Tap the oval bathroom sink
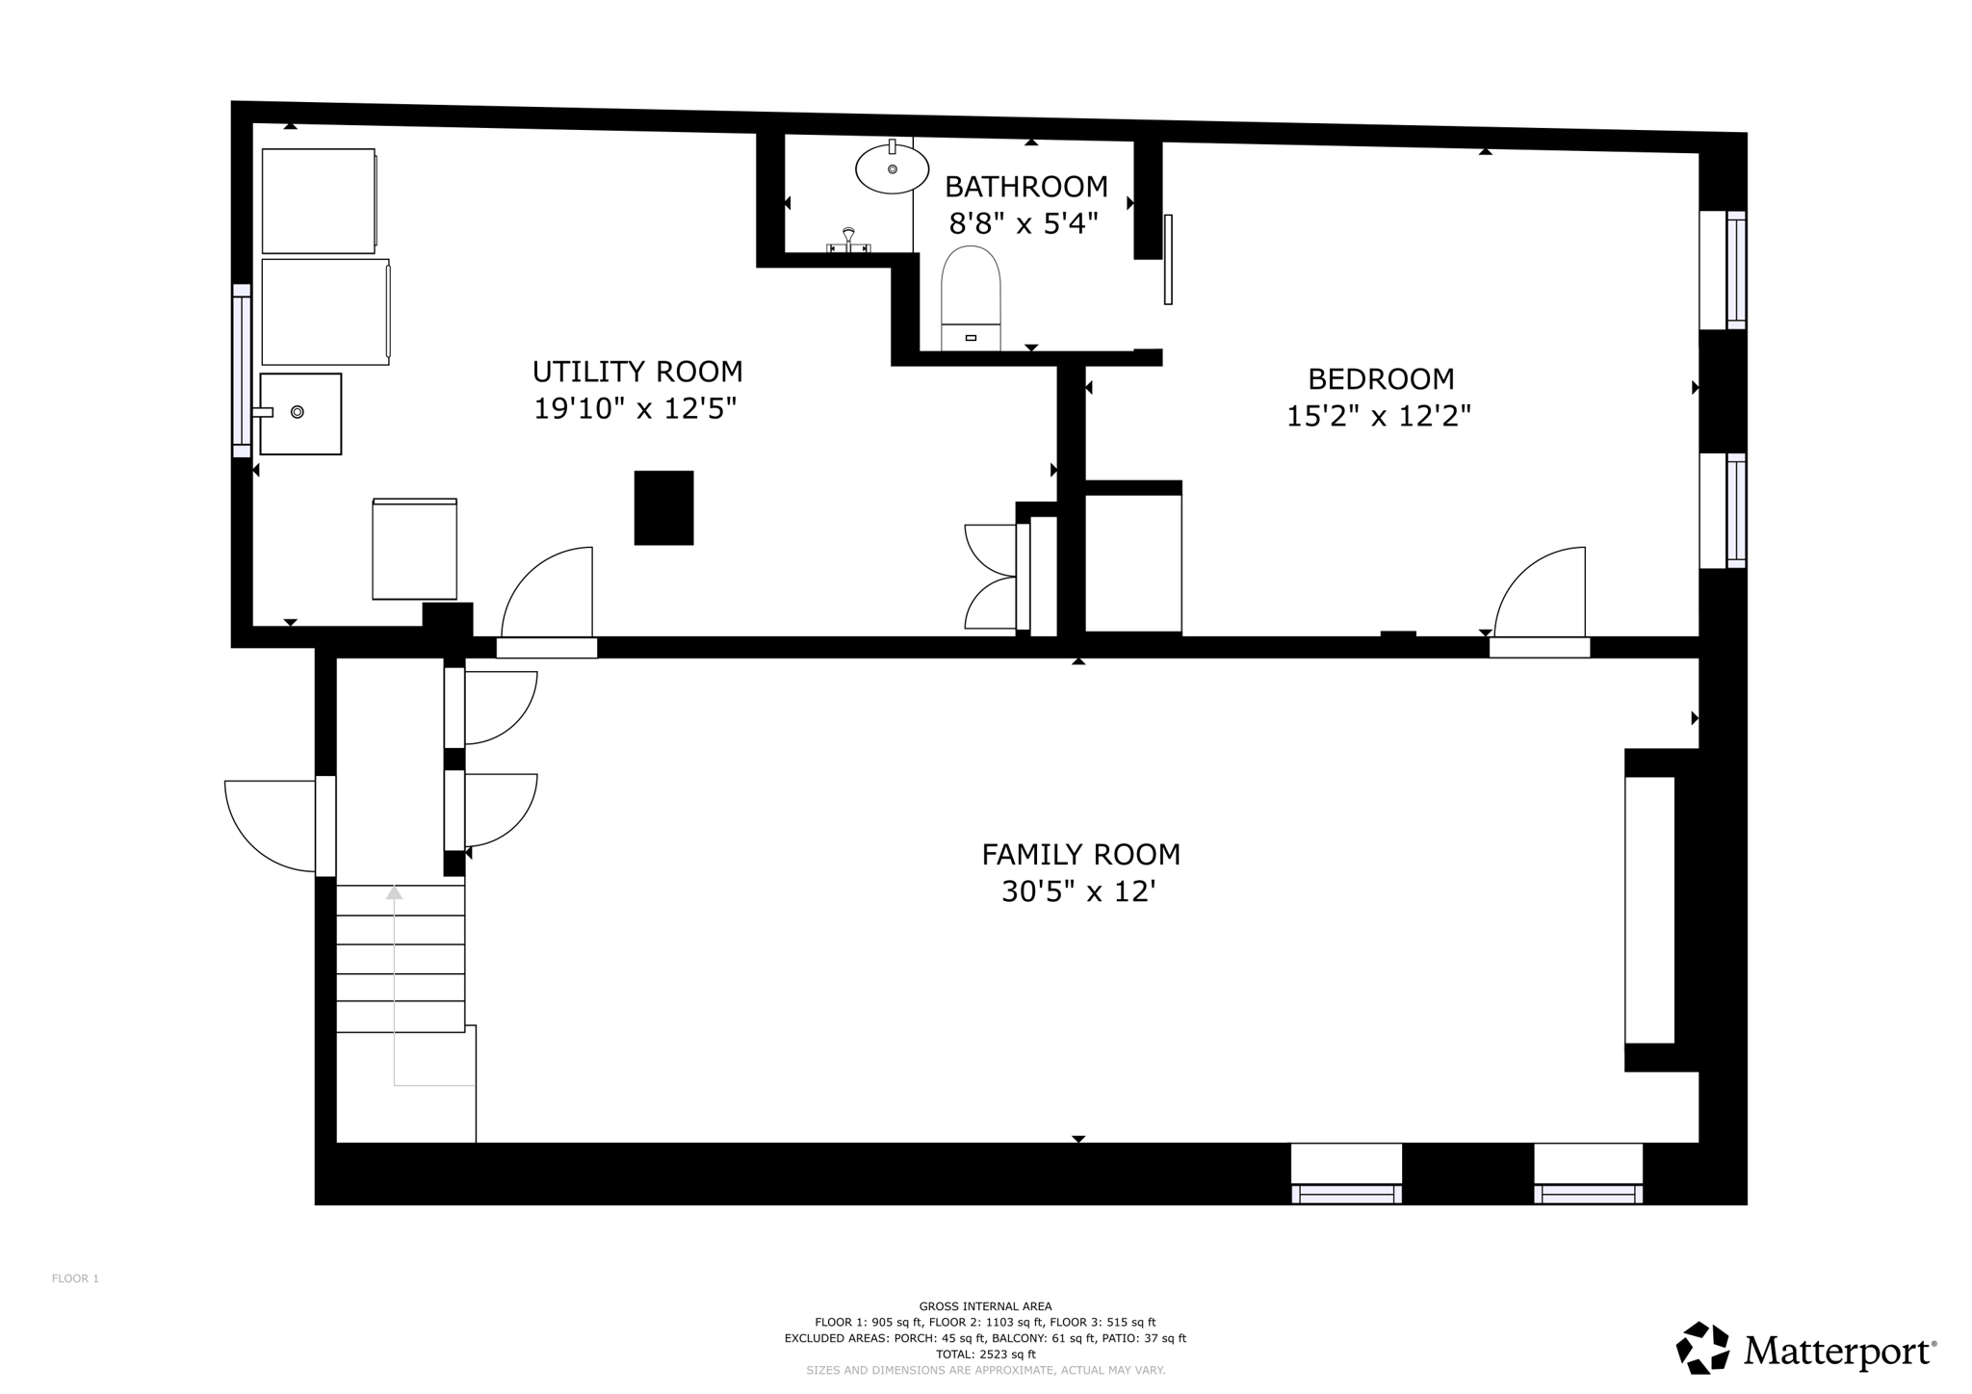click(892, 169)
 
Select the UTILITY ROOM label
click(637, 372)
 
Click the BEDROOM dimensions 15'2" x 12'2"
click(1379, 416)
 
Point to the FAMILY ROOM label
click(1080, 854)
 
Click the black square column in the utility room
click(663, 507)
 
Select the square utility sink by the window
click(300, 414)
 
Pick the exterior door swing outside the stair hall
click(265, 828)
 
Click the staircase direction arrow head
click(394, 892)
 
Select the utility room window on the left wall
click(241, 371)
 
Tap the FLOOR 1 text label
click(75, 1278)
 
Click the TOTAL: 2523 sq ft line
click(985, 1354)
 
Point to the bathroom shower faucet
click(848, 241)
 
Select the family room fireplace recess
click(1649, 910)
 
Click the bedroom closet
click(1132, 563)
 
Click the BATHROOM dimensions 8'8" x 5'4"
click(1024, 224)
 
